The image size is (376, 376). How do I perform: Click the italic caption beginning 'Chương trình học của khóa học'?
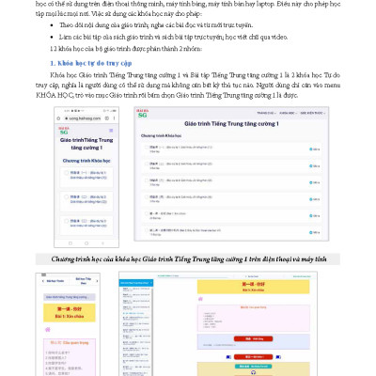coord(188,258)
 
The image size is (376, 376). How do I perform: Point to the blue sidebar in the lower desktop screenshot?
coord(140,329)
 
